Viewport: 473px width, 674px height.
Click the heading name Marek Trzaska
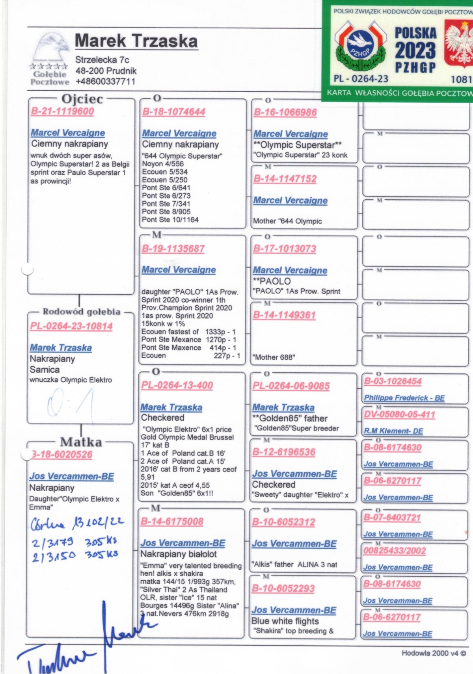pyautogui.click(x=136, y=41)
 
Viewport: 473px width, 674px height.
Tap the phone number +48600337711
pyautogui.click(x=105, y=82)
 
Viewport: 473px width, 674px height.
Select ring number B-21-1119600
pyautogui.click(x=62, y=111)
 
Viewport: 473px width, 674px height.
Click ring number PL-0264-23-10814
pyautogui.click(x=71, y=326)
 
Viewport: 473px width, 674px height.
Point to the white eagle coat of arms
pyautogui.click(x=459, y=43)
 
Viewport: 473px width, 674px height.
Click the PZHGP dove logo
pyautogui.click(x=360, y=46)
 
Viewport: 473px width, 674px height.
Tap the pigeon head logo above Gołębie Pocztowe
pyautogui.click(x=51, y=47)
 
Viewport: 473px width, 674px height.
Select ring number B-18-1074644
pyautogui.click(x=174, y=112)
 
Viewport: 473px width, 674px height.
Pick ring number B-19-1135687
pyautogui.click(x=173, y=249)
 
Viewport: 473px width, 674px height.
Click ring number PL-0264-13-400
pyautogui.click(x=177, y=385)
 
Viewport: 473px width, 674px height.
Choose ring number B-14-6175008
pyautogui.click(x=172, y=522)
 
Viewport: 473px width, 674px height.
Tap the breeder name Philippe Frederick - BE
pyautogui.click(x=404, y=398)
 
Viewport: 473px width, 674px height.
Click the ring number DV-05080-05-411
pyautogui.click(x=400, y=414)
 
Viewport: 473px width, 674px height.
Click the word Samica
pyautogui.click(x=45, y=369)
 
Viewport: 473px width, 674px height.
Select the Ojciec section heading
pyautogui.click(x=82, y=99)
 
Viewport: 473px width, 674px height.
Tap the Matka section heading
pyautogui.click(x=81, y=442)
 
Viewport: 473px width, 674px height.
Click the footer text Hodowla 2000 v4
pyautogui.click(x=434, y=653)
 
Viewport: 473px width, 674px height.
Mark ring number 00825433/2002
pyautogui.click(x=395, y=551)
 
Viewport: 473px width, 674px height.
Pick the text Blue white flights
pyautogui.click(x=285, y=621)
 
